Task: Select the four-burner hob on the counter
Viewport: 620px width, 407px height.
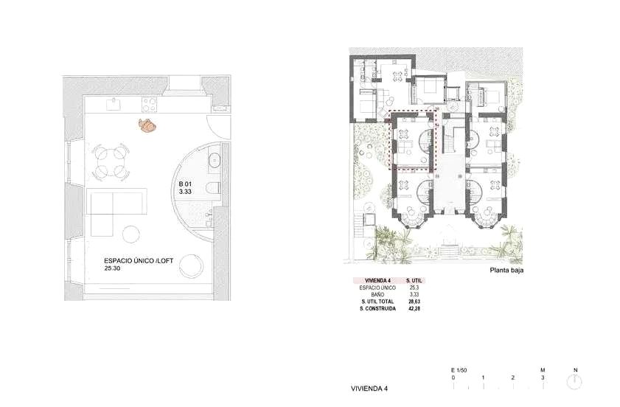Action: click(150, 105)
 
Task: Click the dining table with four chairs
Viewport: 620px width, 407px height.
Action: click(111, 161)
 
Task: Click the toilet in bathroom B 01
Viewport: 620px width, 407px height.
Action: click(215, 187)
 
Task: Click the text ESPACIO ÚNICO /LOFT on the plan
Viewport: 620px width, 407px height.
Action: click(139, 261)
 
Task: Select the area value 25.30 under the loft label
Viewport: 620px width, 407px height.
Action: click(112, 268)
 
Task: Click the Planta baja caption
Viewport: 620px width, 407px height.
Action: click(506, 271)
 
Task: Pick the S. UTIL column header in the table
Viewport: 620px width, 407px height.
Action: click(414, 280)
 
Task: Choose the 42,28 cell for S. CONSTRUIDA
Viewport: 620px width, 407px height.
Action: click(414, 308)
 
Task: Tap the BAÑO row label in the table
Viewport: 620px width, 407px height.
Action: click(377, 295)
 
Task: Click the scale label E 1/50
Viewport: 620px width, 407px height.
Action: click(459, 370)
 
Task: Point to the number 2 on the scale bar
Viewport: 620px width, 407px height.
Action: click(513, 378)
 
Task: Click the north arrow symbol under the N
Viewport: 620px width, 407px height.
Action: click(575, 382)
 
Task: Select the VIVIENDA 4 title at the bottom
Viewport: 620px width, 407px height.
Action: click(369, 389)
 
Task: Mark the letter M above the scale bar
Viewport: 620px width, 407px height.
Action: click(543, 370)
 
